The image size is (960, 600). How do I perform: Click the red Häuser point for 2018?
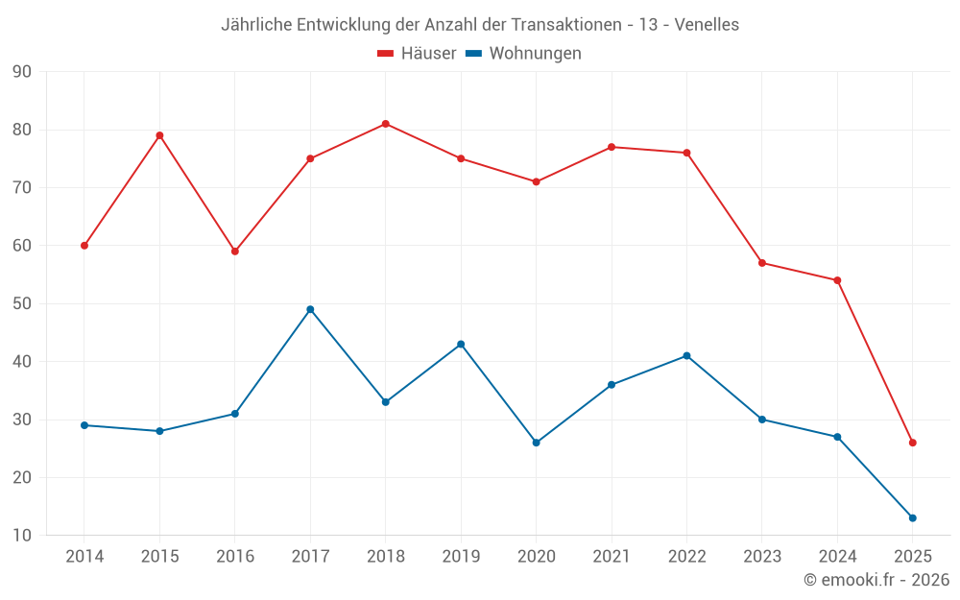(x=385, y=124)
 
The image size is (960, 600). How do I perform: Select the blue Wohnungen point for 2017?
(x=310, y=309)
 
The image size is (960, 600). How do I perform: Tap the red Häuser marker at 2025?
(x=913, y=443)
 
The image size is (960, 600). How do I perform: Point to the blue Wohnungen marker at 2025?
(x=913, y=518)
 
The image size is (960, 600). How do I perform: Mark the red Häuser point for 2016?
(x=235, y=252)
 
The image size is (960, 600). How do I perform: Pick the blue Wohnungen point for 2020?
(x=536, y=443)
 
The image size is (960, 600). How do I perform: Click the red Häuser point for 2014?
(x=84, y=246)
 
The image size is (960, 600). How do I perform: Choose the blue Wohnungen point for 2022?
(x=686, y=356)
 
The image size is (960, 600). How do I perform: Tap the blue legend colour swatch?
(x=473, y=54)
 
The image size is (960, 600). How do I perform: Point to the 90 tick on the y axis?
(x=22, y=72)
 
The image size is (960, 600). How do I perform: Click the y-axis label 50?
(x=22, y=304)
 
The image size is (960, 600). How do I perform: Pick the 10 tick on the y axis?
(x=22, y=536)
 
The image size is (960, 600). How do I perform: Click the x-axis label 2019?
(x=461, y=557)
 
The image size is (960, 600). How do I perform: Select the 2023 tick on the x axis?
(x=762, y=557)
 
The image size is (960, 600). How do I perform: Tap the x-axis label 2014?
(x=84, y=557)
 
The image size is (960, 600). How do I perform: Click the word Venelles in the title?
(x=707, y=25)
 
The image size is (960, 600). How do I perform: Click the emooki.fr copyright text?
(x=876, y=580)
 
